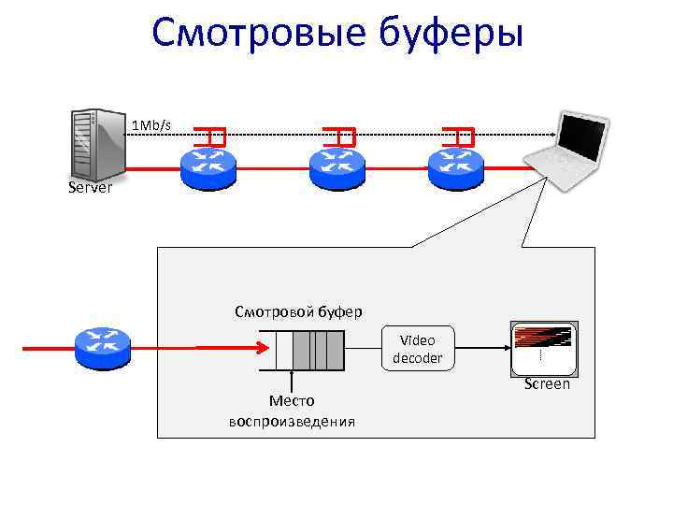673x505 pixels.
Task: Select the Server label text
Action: [91, 188]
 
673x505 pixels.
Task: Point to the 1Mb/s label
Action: [150, 124]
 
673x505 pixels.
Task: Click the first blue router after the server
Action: [208, 166]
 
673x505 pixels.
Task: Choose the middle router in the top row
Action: [336, 166]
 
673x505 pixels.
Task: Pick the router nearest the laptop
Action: [455, 166]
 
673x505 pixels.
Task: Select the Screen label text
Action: [547, 384]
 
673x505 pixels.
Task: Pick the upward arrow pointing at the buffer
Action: [293, 382]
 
